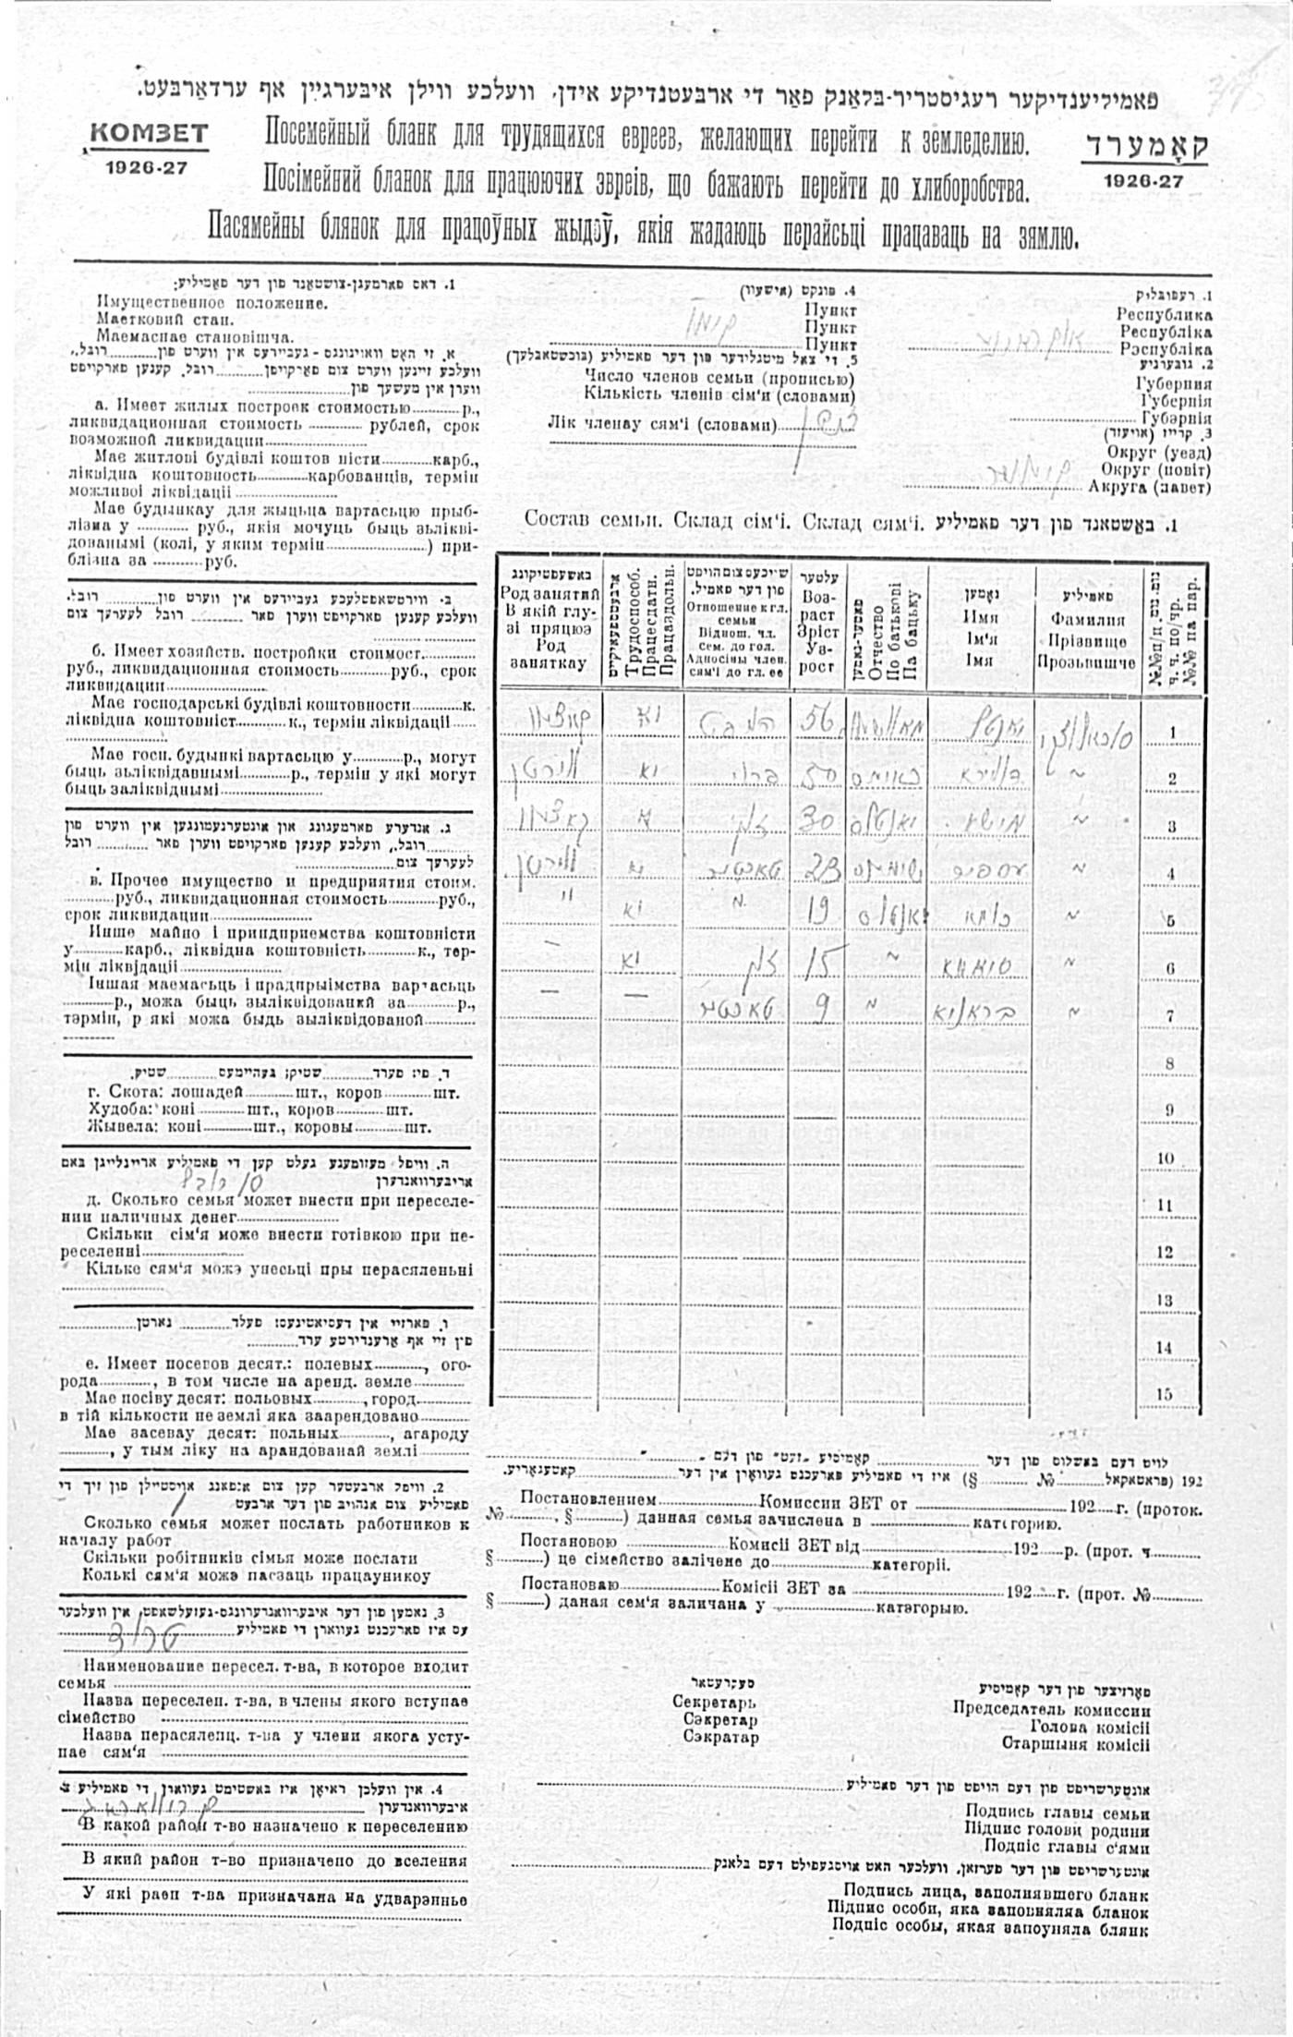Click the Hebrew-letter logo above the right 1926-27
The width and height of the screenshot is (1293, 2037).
1143,147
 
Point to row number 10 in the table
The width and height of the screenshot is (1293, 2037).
1166,1158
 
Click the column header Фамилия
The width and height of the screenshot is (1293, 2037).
1088,622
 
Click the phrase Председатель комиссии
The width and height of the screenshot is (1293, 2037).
1051,1709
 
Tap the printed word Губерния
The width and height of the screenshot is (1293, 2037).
1174,385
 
